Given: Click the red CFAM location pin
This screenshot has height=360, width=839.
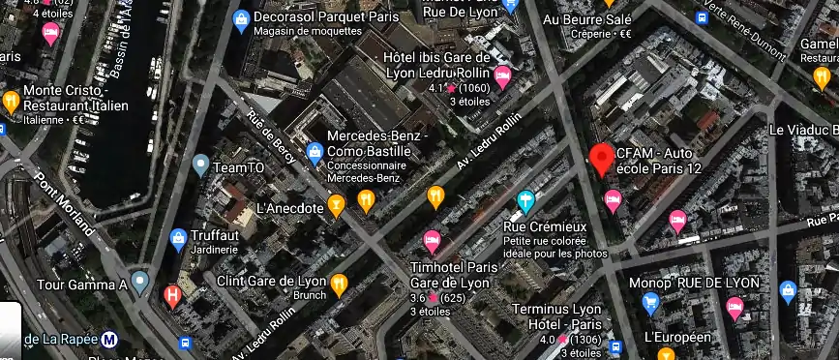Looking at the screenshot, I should pos(602,159).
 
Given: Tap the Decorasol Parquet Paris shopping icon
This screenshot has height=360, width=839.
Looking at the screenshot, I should pos(240,17).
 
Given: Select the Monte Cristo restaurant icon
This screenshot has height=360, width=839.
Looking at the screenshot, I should pos(11,100).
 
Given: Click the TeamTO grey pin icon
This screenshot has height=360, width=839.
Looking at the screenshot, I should pos(200,165).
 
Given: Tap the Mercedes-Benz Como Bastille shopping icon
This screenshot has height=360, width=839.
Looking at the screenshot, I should pos(315,152).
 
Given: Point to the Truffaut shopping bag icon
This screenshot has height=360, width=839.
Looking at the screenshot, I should pos(178,239).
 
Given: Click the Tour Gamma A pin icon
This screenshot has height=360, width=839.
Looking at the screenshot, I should pos(140,284).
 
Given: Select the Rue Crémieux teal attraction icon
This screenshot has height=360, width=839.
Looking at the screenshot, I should pos(524,201).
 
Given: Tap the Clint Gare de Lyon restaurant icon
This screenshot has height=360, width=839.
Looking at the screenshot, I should pos(339,285).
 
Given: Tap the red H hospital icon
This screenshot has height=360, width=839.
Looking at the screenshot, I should pos(172,294).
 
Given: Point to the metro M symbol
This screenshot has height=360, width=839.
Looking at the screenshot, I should pos(110,339).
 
